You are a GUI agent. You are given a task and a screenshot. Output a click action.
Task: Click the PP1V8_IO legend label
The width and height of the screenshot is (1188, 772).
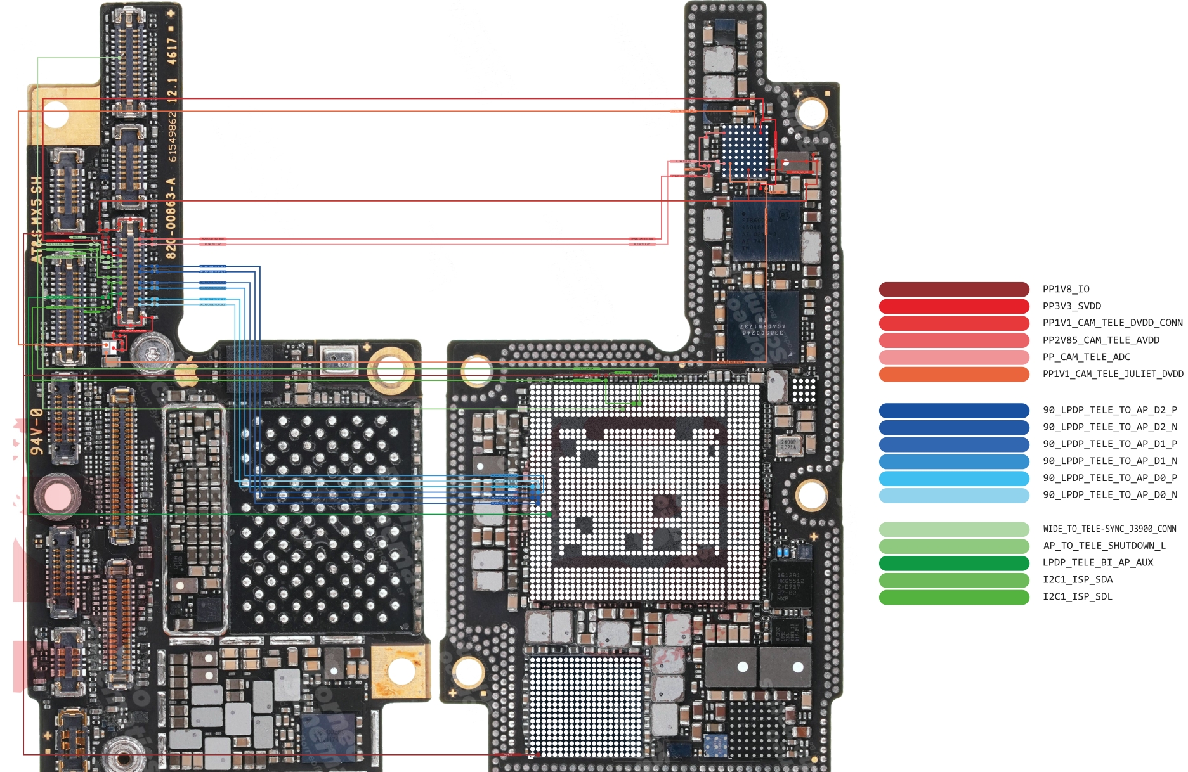click(x=1066, y=289)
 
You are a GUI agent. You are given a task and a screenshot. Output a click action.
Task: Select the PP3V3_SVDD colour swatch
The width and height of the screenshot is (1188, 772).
click(x=953, y=306)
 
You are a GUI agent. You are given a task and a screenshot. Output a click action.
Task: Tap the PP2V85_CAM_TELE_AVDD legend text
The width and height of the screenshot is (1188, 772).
click(x=1100, y=340)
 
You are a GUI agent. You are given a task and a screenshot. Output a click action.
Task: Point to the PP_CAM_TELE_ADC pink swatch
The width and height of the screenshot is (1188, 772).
click(x=953, y=357)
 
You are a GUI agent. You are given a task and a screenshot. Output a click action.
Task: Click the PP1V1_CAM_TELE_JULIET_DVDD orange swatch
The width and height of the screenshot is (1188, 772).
click(x=953, y=374)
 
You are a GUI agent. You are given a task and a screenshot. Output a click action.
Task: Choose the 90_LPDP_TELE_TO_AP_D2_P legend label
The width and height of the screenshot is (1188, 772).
click(x=1109, y=410)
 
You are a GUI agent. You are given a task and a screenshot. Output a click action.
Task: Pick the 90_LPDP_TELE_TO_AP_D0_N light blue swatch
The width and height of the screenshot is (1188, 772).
click(x=953, y=495)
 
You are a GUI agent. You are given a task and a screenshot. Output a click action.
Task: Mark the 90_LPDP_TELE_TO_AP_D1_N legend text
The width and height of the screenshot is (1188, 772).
click(x=1109, y=461)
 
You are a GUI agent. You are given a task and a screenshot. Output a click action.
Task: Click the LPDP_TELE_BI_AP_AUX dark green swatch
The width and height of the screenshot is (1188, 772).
click(x=953, y=563)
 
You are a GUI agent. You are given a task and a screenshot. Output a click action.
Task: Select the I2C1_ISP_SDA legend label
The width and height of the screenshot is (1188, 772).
click(x=1077, y=579)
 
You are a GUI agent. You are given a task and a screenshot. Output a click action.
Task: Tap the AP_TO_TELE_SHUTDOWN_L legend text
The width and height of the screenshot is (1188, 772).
click(x=1104, y=546)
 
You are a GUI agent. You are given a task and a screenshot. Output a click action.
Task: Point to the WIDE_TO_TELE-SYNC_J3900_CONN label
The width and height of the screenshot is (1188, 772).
click(x=1109, y=529)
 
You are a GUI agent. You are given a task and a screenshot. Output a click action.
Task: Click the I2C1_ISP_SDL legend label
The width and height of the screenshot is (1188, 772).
click(x=1077, y=596)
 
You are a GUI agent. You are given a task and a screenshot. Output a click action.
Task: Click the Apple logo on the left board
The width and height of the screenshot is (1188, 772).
click(x=186, y=371)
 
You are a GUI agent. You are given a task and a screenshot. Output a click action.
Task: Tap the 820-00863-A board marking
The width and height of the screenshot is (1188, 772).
click(x=171, y=219)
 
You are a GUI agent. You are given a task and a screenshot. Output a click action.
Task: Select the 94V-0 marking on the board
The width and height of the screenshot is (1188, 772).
click(x=37, y=432)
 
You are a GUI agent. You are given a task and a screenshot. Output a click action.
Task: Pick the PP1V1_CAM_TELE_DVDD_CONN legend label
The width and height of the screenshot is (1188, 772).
click(x=1112, y=323)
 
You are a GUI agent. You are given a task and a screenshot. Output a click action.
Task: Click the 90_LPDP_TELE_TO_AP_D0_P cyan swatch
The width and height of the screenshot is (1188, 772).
click(x=953, y=478)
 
